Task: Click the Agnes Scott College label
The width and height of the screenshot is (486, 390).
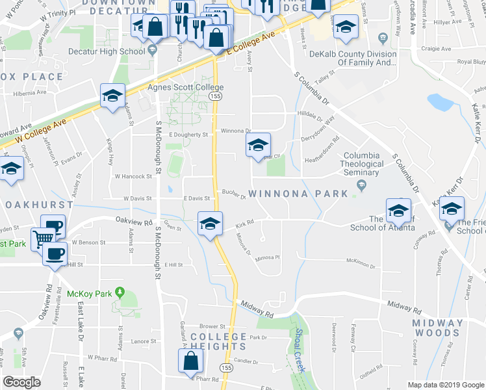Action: click(x=186, y=87)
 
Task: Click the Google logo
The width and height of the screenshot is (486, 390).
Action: click(x=21, y=382)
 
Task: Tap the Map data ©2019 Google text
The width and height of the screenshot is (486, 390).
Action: click(x=445, y=384)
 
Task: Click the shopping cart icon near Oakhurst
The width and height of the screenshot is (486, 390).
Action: click(x=42, y=238)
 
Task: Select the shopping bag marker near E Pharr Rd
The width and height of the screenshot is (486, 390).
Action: click(x=191, y=361)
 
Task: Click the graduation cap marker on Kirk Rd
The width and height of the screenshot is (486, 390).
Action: click(x=210, y=224)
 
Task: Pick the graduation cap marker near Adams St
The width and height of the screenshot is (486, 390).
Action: click(x=113, y=96)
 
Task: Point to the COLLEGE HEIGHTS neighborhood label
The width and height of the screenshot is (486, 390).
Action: click(x=218, y=341)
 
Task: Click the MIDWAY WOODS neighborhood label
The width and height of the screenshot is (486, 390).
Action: click(x=438, y=328)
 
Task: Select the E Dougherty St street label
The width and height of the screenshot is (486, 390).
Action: click(x=188, y=135)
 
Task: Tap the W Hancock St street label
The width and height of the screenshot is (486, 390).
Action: click(x=133, y=176)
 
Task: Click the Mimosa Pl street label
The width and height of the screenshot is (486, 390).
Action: click(x=267, y=257)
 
